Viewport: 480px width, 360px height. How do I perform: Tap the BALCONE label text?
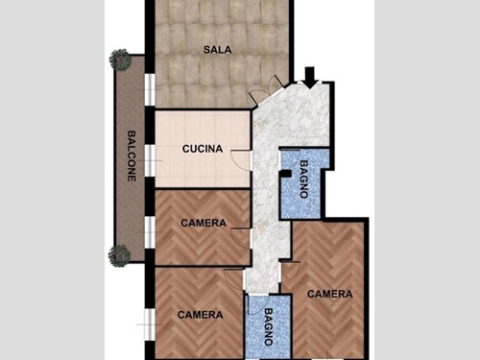[131, 156]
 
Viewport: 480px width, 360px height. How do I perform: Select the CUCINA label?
[203, 149]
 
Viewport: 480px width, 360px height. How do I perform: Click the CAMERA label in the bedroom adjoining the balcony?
[204, 223]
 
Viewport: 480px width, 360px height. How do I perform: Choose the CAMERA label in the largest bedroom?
[329, 294]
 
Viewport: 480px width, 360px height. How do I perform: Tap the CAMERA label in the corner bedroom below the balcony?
[201, 314]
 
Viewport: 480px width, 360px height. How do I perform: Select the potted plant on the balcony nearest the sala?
[120, 60]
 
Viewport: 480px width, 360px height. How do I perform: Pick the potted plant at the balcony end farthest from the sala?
[120, 255]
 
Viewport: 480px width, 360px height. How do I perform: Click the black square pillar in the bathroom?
[285, 174]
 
